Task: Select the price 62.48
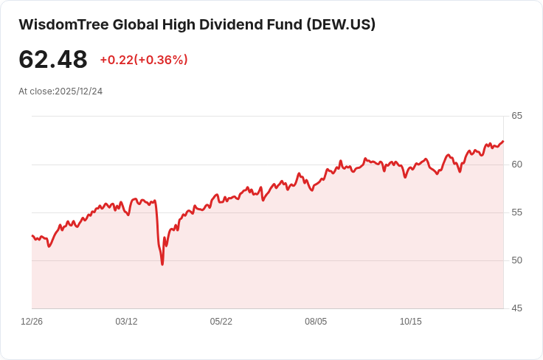[x=53, y=60]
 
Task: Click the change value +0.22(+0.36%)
[x=144, y=60]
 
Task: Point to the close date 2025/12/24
[x=78, y=91]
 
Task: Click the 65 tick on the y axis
[x=516, y=116]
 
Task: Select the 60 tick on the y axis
[x=516, y=164]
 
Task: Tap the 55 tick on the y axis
[x=516, y=212]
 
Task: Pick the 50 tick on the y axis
[x=516, y=260]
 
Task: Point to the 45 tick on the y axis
[x=516, y=308]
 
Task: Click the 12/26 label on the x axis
[x=32, y=322]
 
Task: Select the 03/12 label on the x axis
[x=126, y=322]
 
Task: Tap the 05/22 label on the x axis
[x=221, y=322]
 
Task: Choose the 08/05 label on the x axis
[x=316, y=322]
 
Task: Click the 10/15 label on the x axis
[x=410, y=322]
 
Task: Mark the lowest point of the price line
[x=162, y=264]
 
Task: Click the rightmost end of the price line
[x=503, y=141]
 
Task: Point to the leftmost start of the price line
[x=32, y=235]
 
